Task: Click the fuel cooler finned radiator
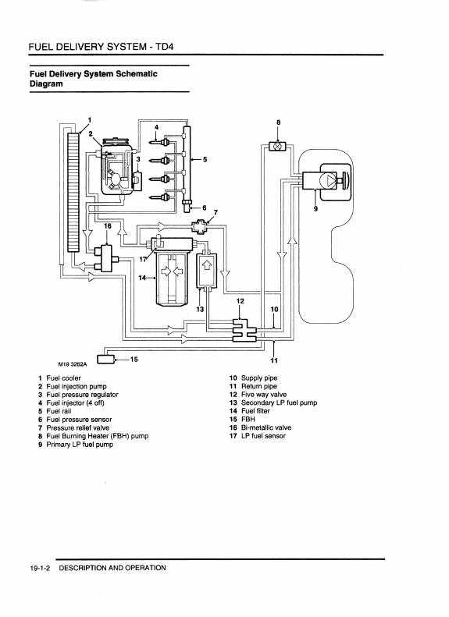73,192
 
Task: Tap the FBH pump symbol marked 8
278,146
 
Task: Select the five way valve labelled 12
244,331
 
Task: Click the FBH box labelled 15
105,359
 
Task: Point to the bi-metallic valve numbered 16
106,257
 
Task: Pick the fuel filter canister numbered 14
172,279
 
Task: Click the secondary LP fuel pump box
206,271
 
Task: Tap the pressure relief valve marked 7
200,226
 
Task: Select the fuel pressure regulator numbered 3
137,181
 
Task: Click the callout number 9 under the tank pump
315,208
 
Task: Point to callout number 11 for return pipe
274,360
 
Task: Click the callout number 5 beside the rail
205,159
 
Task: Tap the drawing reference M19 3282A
72,364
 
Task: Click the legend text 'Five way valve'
264,394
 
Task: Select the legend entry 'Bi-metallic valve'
266,427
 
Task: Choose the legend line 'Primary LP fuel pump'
80,445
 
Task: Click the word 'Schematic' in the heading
137,73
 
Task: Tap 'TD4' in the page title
164,47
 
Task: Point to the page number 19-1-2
40,568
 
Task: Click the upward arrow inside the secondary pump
206,265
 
